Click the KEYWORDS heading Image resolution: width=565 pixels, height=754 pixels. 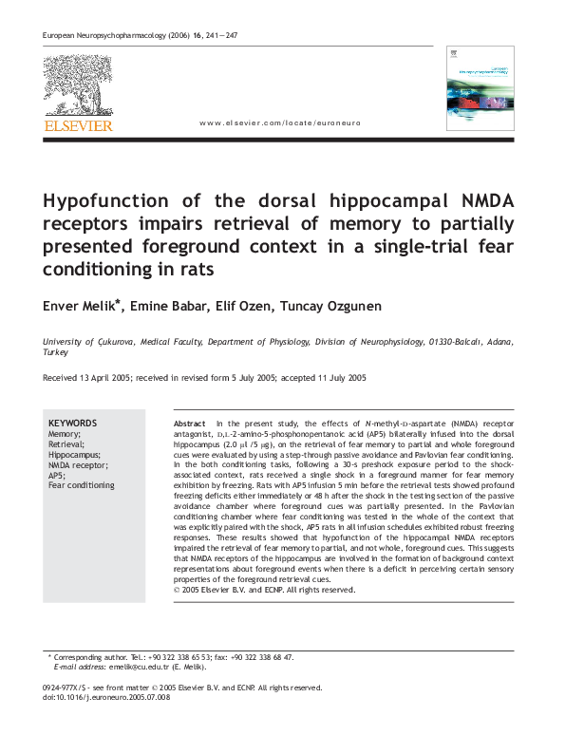tap(72, 424)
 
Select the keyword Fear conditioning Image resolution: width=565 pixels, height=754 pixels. tap(81, 485)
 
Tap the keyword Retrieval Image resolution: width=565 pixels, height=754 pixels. tap(66, 444)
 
